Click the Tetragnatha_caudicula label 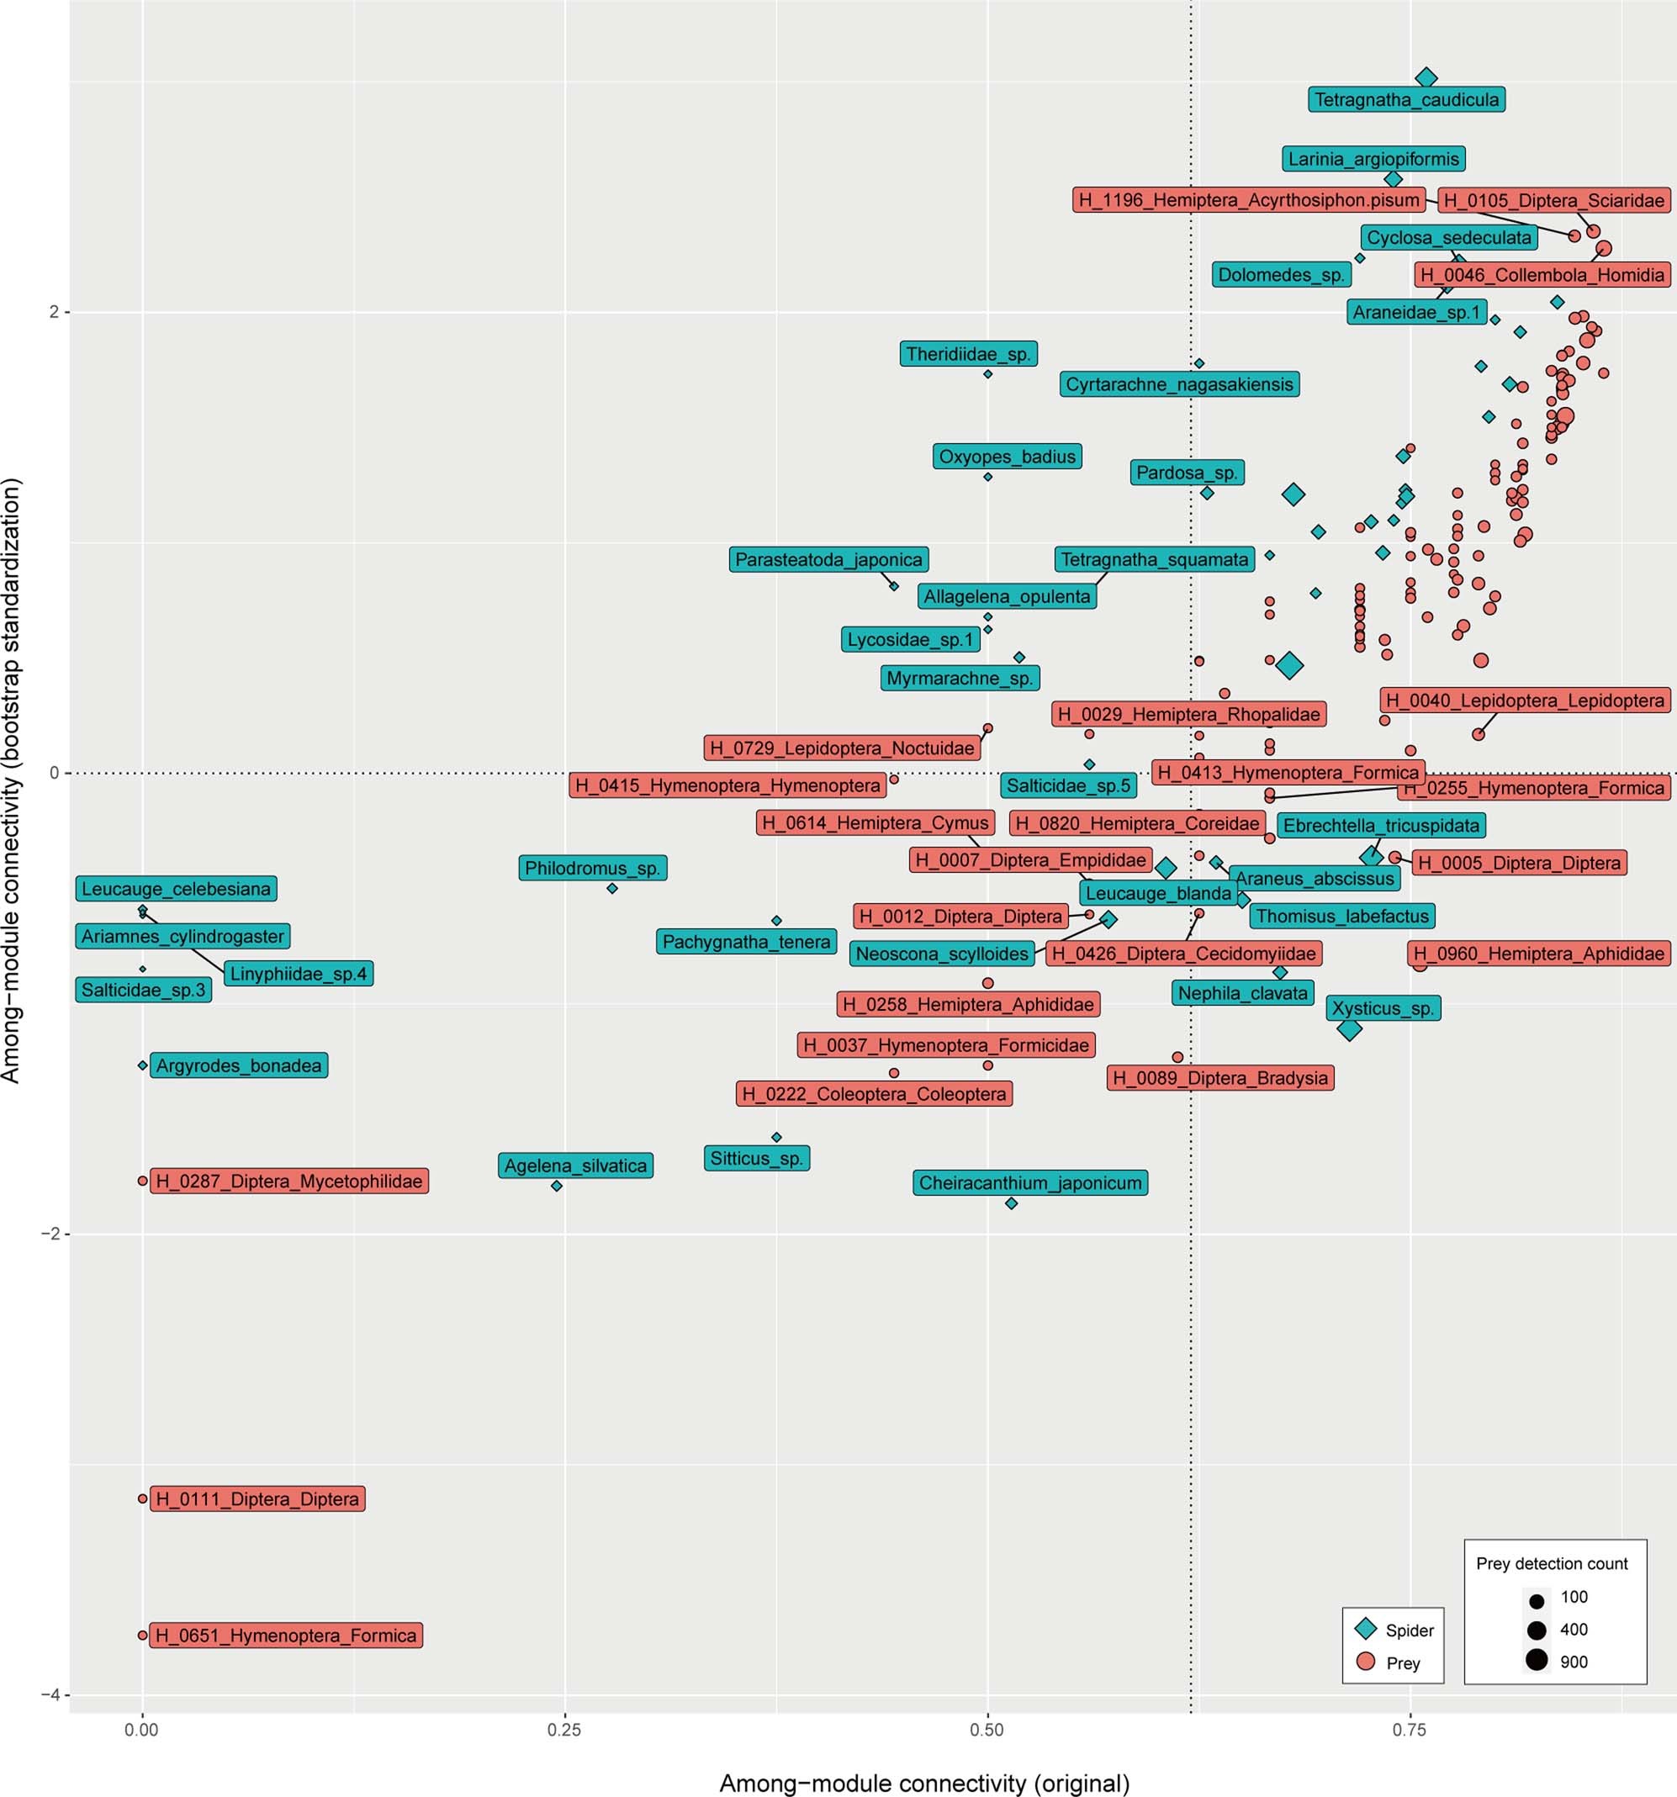pos(1406,99)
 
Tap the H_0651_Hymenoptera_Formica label pos(286,1636)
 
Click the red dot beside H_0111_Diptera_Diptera pos(142,1498)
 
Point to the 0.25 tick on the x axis pos(564,1729)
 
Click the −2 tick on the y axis pos(53,1234)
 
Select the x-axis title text pos(924,1783)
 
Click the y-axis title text pos(13,780)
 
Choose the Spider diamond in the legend pos(1365,1630)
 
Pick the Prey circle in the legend pos(1365,1662)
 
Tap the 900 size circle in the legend pos(1537,1661)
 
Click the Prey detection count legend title pos(1552,1563)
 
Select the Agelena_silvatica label pos(575,1165)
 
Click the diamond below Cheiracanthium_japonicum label pos(1012,1203)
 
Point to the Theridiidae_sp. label pos(968,353)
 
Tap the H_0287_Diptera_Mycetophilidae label pos(288,1181)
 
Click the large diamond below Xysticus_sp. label pos(1349,1028)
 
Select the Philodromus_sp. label pos(592,868)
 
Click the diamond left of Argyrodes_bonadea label pos(142,1065)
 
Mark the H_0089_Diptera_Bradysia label pos(1219,1077)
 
